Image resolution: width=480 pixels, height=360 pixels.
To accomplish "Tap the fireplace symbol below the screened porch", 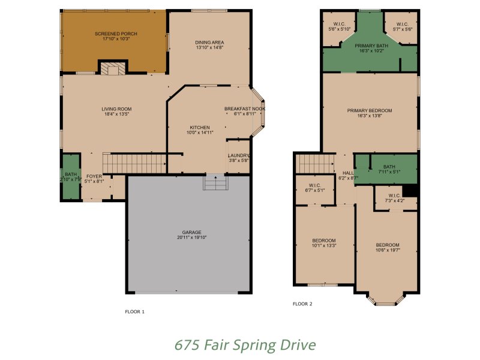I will (112, 69).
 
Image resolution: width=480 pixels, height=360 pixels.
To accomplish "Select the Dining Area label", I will (209, 42).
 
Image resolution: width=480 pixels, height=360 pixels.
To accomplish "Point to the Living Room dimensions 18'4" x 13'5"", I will (116, 114).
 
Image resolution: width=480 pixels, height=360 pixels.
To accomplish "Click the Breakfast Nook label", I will (244, 109).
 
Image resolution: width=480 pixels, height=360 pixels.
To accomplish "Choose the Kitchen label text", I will (199, 128).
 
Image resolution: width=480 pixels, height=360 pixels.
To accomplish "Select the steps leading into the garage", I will (215, 182).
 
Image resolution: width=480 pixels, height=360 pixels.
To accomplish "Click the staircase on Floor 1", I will (134, 162).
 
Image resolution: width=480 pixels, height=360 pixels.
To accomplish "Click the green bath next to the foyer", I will (71, 177).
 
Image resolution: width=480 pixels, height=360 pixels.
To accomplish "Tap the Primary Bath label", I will (371, 46).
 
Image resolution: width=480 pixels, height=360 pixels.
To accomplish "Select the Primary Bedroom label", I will (369, 110).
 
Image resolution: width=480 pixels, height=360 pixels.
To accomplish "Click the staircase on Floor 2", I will (316, 163).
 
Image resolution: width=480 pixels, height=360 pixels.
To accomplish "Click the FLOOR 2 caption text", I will (302, 304).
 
